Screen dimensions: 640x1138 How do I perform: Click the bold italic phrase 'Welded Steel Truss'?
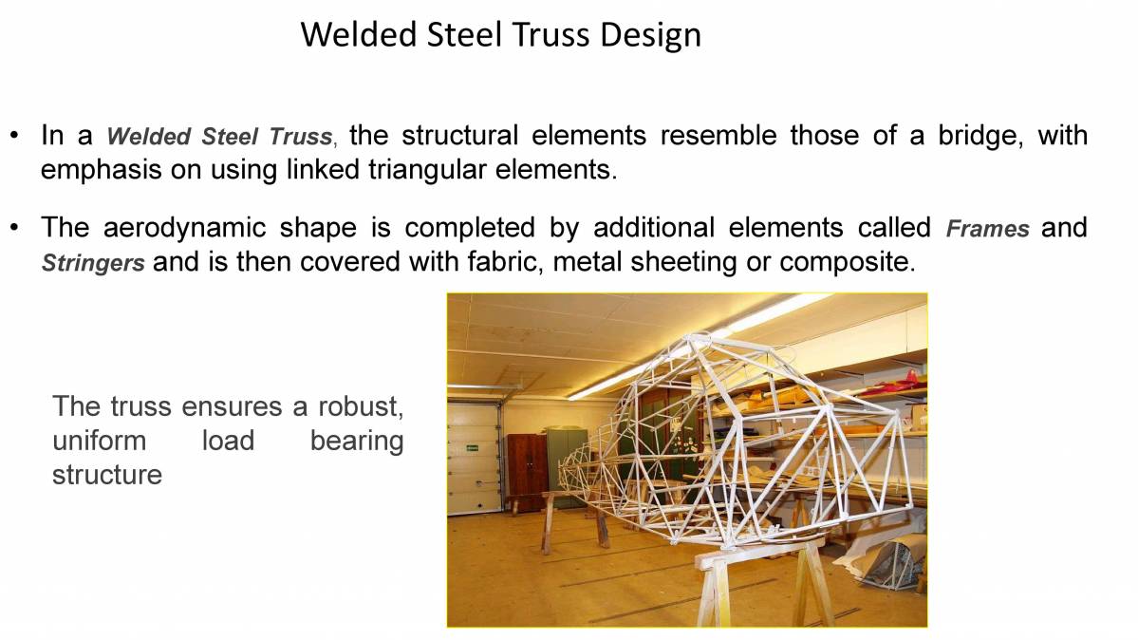(x=219, y=137)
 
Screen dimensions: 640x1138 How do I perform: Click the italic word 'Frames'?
(x=987, y=229)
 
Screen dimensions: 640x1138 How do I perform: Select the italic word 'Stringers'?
(x=93, y=262)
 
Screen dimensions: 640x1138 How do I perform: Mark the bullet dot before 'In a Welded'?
(x=15, y=135)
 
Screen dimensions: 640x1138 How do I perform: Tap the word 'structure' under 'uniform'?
(x=107, y=475)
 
